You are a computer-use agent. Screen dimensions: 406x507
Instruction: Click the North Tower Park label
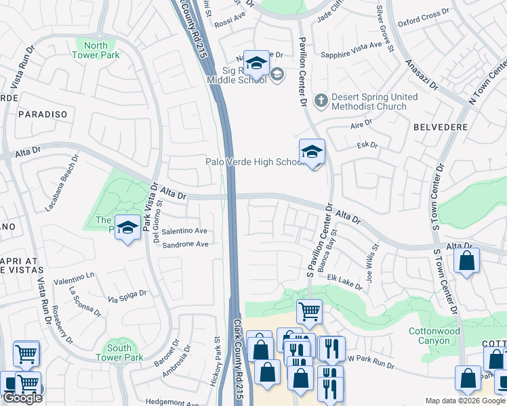pyautogui.click(x=96, y=51)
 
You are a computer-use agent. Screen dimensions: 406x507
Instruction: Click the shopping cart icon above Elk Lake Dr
pyautogui.click(x=309, y=312)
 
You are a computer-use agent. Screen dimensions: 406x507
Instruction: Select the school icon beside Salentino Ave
pyautogui.click(x=127, y=227)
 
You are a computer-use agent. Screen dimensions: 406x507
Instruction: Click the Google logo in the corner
pyautogui.click(x=22, y=398)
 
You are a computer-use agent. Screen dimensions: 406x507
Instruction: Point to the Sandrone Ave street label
pyautogui.click(x=184, y=244)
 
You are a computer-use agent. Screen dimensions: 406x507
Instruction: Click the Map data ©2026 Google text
pyautogui.click(x=465, y=401)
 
